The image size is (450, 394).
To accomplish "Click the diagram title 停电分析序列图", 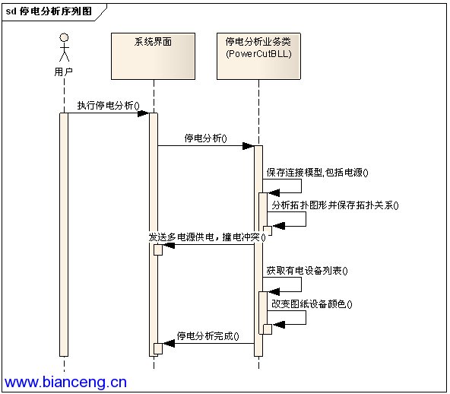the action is (x=55, y=11).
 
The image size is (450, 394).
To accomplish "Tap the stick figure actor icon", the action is (x=64, y=47).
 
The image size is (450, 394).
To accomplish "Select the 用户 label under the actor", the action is (x=63, y=71).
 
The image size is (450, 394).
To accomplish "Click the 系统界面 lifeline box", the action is (x=153, y=56).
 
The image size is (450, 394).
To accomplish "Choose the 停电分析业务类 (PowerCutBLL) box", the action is (x=258, y=56).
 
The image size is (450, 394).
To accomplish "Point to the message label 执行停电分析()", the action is (x=108, y=106).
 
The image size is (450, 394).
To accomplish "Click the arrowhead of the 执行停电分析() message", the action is (x=143, y=113).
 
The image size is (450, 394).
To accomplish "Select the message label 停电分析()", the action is (x=205, y=138).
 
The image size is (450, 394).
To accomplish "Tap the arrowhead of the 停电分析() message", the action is (x=249, y=146).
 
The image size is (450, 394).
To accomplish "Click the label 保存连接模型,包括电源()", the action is (x=317, y=173).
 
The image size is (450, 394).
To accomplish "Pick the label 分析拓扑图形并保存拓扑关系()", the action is (x=335, y=205).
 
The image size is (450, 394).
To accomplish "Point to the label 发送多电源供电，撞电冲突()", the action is (x=207, y=237).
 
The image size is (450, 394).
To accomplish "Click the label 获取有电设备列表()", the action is (x=307, y=271).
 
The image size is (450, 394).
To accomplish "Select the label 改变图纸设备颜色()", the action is (x=312, y=303).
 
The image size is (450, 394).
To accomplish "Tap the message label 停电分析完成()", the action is (x=208, y=335).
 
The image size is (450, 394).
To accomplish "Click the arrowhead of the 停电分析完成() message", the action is (x=169, y=343).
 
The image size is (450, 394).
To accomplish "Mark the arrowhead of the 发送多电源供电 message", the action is (x=169, y=245).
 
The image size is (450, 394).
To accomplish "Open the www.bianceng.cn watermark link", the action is (x=65, y=382).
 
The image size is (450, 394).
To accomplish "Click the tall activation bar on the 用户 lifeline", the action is (x=64, y=234).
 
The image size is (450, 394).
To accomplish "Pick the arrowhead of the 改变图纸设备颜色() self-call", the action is (x=279, y=325).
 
